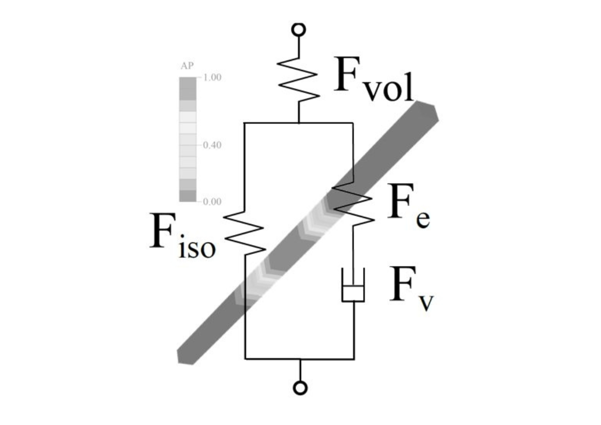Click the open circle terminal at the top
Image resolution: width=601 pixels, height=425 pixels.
pyautogui.click(x=298, y=29)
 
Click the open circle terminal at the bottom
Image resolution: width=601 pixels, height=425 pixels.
pyautogui.click(x=300, y=387)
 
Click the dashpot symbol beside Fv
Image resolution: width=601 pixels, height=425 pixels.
pyautogui.click(x=354, y=285)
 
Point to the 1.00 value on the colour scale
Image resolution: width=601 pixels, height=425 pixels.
pyautogui.click(x=212, y=78)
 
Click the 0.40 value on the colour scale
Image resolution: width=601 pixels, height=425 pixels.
pyautogui.click(x=212, y=145)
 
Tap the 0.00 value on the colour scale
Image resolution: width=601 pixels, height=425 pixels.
pyautogui.click(x=212, y=201)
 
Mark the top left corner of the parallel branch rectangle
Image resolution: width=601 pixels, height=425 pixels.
pyautogui.click(x=244, y=122)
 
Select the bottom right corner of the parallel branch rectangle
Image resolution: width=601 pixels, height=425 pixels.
pyautogui.click(x=354, y=358)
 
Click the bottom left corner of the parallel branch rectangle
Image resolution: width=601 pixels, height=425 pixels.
pyautogui.click(x=245, y=358)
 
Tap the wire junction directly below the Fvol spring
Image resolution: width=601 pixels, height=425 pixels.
pyautogui.click(x=299, y=122)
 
